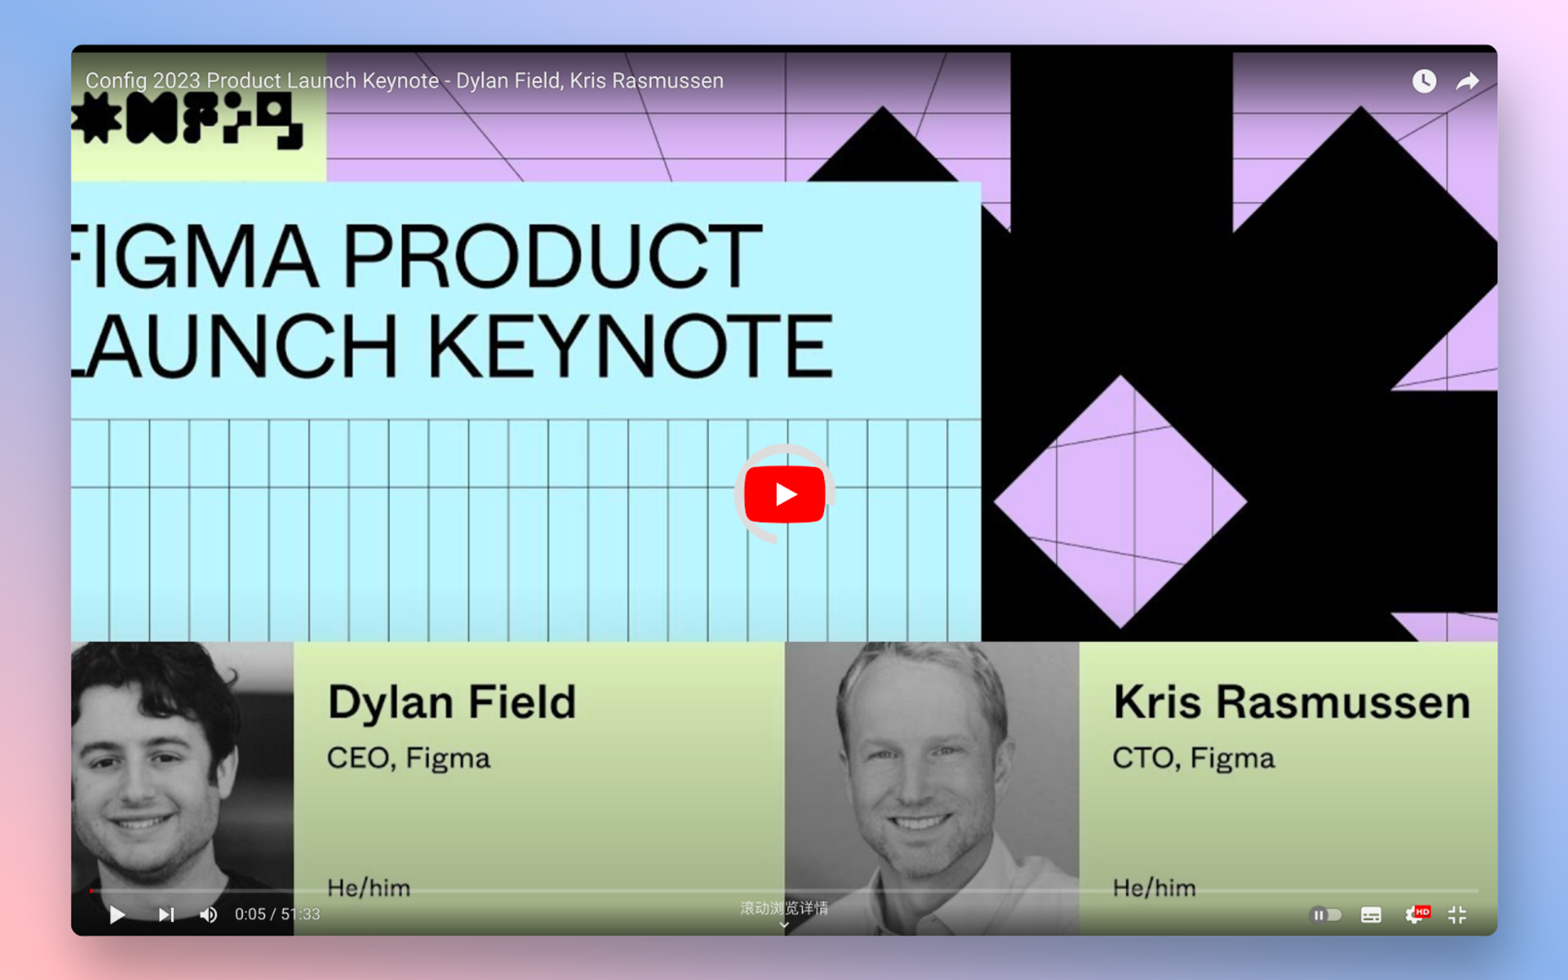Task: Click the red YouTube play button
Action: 784,494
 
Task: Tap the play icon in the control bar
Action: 118,914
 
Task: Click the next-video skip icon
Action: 166,914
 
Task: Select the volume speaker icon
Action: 209,914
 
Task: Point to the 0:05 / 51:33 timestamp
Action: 278,914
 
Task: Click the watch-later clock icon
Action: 1424,81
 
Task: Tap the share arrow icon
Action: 1467,81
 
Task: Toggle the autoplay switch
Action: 1326,914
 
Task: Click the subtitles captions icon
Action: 1371,914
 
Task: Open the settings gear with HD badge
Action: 1416,914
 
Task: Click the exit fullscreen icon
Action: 1457,914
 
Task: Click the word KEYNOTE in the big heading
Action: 630,346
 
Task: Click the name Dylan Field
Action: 452,702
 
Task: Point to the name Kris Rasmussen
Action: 1291,702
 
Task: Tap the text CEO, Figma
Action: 408,758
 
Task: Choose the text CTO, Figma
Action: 1193,758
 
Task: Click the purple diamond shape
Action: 1120,501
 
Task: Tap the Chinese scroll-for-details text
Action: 784,908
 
